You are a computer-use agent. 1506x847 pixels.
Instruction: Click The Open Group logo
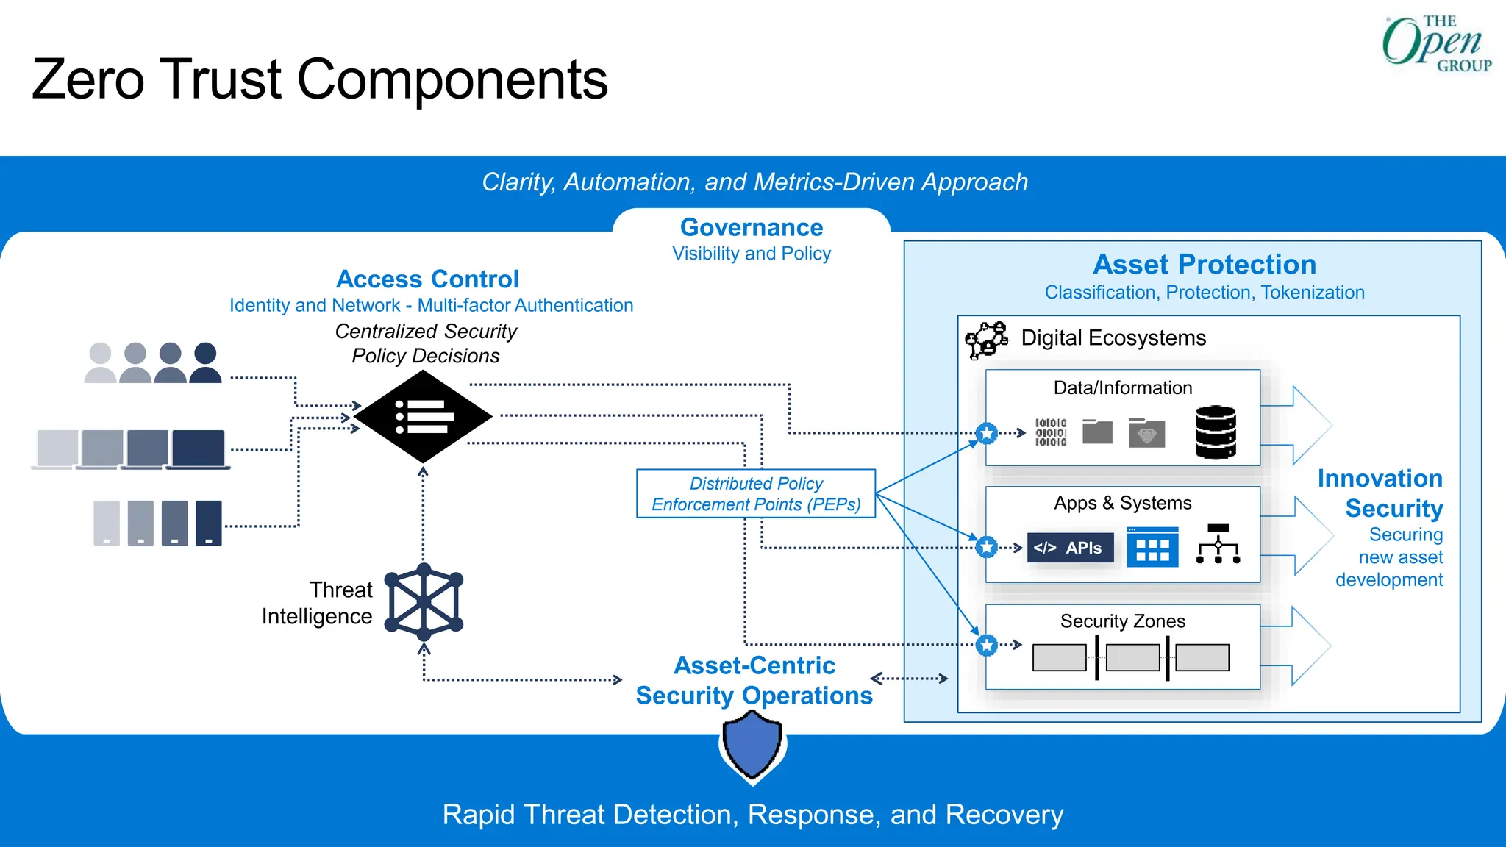pos(1436,44)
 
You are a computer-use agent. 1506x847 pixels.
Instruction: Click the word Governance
pos(751,227)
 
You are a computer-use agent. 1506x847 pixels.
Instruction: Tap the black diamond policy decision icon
pos(423,416)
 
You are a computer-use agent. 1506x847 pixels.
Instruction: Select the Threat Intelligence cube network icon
pos(424,601)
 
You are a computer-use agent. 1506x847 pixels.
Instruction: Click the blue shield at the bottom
pos(752,746)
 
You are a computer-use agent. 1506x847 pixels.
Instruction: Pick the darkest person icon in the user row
pos(205,362)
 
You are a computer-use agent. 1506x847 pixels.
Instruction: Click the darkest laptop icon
pos(198,448)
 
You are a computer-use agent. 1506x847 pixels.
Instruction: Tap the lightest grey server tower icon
pos(107,523)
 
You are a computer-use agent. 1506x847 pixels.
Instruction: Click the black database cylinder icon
pos(1215,432)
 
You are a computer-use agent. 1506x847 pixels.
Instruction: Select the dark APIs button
pos(1070,548)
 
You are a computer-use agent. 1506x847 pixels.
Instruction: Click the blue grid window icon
pos(1152,547)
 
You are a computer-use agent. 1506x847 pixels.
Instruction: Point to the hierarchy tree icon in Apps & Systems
pos(1218,544)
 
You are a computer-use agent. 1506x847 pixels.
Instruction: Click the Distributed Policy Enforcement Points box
pos(755,493)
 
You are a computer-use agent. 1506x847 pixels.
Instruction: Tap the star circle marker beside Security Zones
pos(987,645)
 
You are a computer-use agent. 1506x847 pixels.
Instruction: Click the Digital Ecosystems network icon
pos(985,340)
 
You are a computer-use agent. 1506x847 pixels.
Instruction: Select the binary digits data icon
pos(1051,432)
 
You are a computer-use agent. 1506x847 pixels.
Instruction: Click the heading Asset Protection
pos(1204,264)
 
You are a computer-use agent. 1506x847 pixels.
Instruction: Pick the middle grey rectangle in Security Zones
pos(1132,657)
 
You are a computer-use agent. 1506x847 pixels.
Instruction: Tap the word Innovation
pos(1380,479)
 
